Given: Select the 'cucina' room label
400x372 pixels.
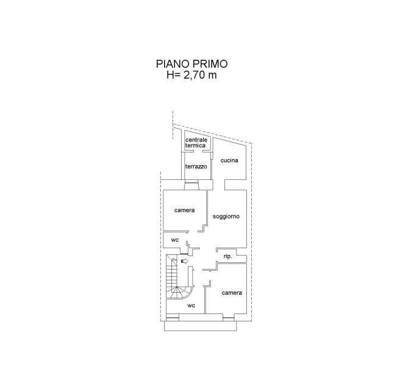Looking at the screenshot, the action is tap(229, 160).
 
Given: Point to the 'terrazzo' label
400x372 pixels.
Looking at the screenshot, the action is tap(196, 166).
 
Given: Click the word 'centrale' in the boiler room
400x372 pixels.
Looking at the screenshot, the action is tap(196, 140).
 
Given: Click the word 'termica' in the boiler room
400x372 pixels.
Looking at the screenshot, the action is tap(195, 145).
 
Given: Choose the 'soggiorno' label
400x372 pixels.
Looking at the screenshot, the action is tap(226, 216).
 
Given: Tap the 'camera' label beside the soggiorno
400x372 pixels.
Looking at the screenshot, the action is tap(184, 210).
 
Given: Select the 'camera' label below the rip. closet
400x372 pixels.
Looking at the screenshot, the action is tap(232, 293).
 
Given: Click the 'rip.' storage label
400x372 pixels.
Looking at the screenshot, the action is tap(228, 256).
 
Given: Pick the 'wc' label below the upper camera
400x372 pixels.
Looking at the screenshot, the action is tap(175, 240).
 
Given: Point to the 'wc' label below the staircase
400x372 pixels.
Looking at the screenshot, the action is tap(191, 305).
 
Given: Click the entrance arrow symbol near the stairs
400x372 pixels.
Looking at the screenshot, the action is tap(185, 261).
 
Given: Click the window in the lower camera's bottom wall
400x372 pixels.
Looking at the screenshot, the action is tap(228, 318).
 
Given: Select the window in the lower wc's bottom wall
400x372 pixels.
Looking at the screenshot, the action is tap(173, 318).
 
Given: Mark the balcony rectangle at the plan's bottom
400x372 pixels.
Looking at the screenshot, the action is tap(200, 326).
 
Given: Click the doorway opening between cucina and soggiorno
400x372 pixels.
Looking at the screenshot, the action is tap(219, 185).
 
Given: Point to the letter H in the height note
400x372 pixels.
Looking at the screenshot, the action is tap(170, 75).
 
